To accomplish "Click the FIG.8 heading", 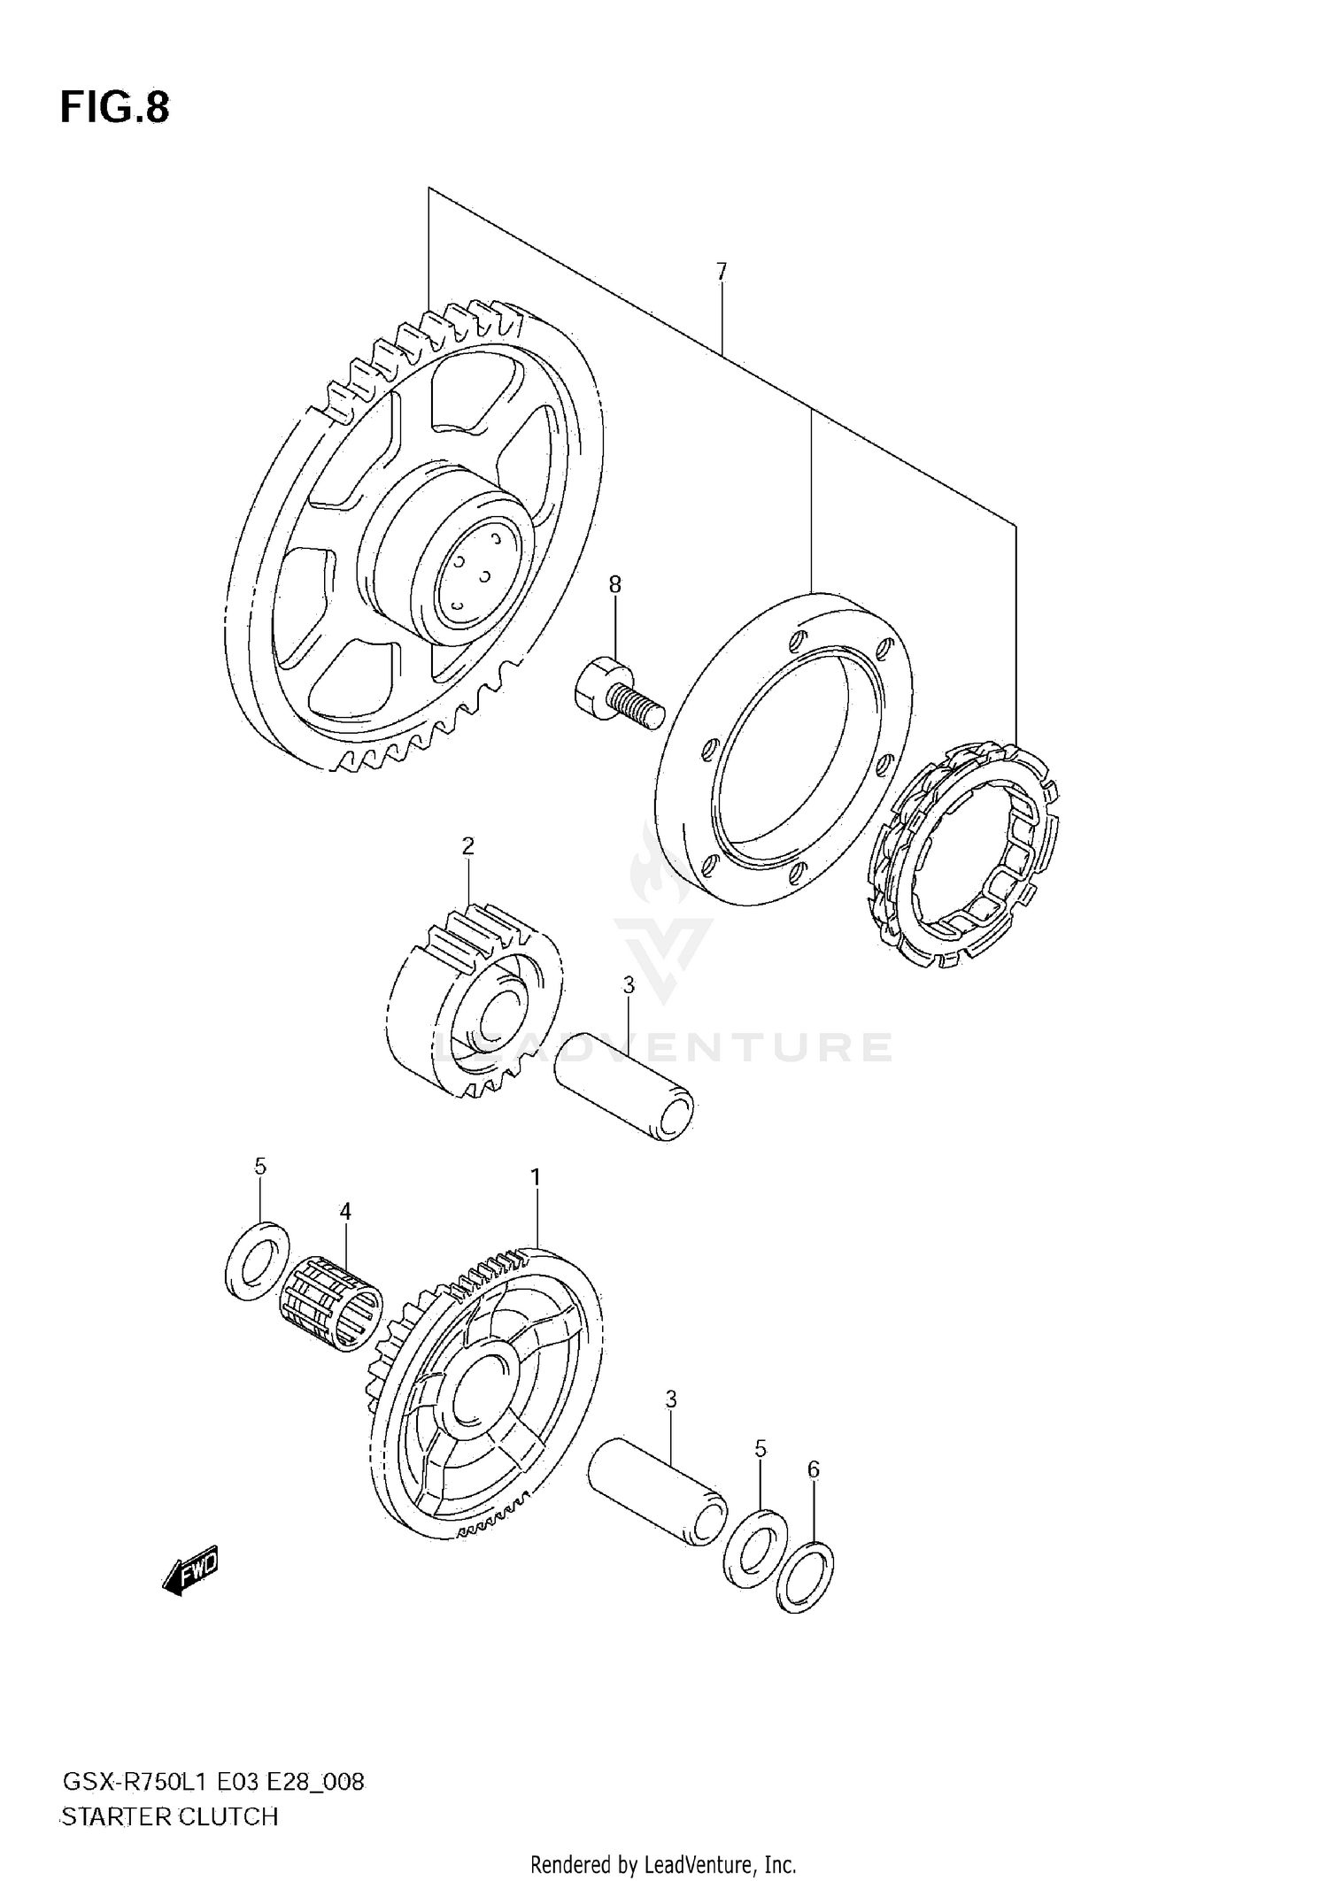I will tap(114, 108).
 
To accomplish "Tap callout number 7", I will tap(722, 272).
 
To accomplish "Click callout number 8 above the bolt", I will tap(614, 584).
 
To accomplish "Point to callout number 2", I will tap(467, 846).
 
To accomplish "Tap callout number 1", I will tap(536, 1177).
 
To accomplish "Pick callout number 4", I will tap(345, 1211).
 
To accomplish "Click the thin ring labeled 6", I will tap(805, 1576).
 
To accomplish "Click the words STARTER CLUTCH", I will tap(169, 1816).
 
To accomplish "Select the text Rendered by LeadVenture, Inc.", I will tap(663, 1865).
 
